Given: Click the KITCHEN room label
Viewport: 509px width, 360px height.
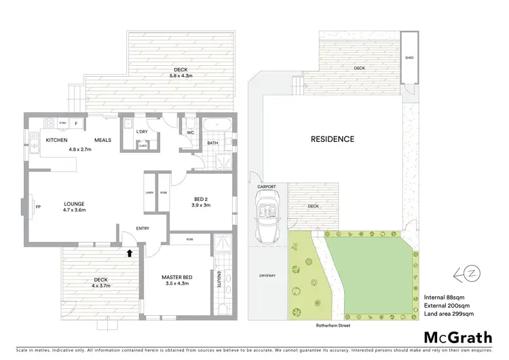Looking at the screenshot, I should pos(56,139).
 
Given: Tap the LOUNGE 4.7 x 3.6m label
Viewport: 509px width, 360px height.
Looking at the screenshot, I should pos(73,206).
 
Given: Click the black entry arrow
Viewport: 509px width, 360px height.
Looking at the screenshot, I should pos(130,253).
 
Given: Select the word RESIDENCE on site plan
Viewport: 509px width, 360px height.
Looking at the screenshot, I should pos(333,139).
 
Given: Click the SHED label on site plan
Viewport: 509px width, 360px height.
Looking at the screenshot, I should pos(409,58).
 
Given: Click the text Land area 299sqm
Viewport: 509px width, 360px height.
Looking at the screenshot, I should pos(449,314).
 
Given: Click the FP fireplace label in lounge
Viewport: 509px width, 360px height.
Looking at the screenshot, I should pos(38,206).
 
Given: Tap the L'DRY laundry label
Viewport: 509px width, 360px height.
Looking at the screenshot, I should pos(143,131).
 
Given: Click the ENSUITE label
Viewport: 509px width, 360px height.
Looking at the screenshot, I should pos(219,280).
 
